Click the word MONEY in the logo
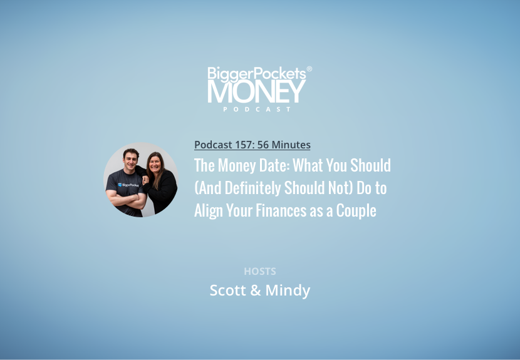[x=256, y=91]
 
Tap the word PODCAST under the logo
[x=257, y=109]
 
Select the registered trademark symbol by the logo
[x=309, y=69]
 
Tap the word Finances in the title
[x=281, y=210]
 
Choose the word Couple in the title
[x=356, y=211]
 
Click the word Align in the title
[x=208, y=211]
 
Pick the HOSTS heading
[x=260, y=272]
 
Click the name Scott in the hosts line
[x=228, y=291]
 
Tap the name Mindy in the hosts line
[x=288, y=291]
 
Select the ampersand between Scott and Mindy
[x=256, y=291]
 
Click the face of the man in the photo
[x=131, y=160]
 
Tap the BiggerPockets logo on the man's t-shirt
[x=128, y=185]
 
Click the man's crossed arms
[x=127, y=200]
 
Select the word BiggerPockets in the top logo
[x=257, y=74]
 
